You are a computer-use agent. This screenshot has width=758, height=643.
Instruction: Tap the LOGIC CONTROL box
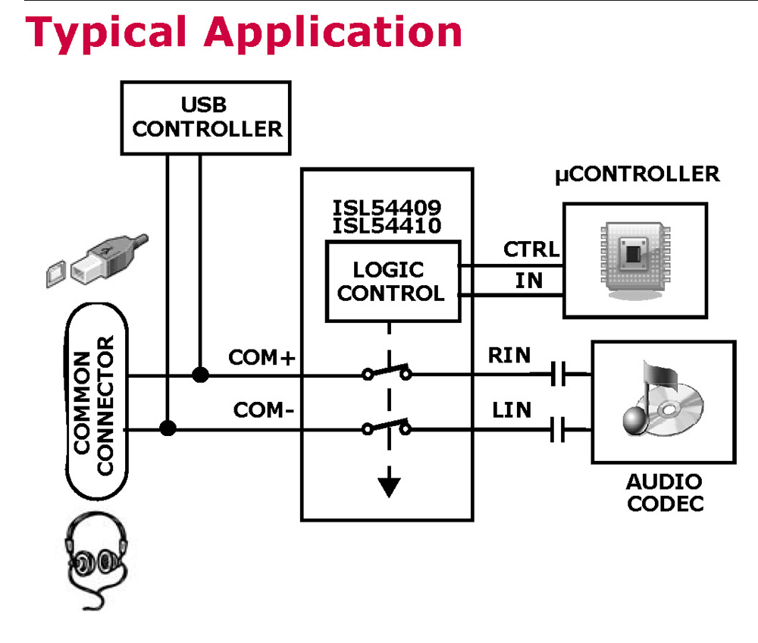tap(393, 281)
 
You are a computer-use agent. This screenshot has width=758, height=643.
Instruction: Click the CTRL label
tap(531, 249)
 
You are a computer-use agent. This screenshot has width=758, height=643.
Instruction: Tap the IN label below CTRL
tap(529, 281)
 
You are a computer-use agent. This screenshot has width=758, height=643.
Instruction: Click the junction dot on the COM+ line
tap(200, 375)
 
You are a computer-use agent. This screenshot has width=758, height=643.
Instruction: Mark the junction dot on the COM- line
tap(168, 429)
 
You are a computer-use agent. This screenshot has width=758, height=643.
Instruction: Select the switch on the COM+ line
tap(387, 372)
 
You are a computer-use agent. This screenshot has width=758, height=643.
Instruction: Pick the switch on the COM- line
tap(387, 427)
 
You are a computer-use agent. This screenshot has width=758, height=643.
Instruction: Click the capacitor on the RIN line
tap(559, 375)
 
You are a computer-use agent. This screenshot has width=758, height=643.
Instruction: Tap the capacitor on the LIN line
tap(559, 430)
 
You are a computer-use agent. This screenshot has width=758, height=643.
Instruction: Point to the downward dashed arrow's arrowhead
tap(389, 485)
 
